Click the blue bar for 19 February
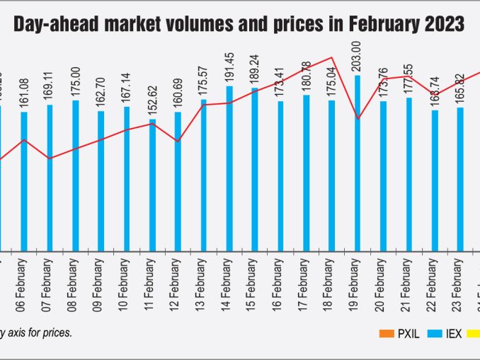pyautogui.click(x=358, y=163)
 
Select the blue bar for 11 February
pyautogui.click(x=152, y=185)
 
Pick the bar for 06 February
pyautogui.click(x=24, y=181)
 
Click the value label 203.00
pyautogui.click(x=357, y=57)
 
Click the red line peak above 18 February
pyautogui.click(x=331, y=57)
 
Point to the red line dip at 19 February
pyautogui.click(x=358, y=118)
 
